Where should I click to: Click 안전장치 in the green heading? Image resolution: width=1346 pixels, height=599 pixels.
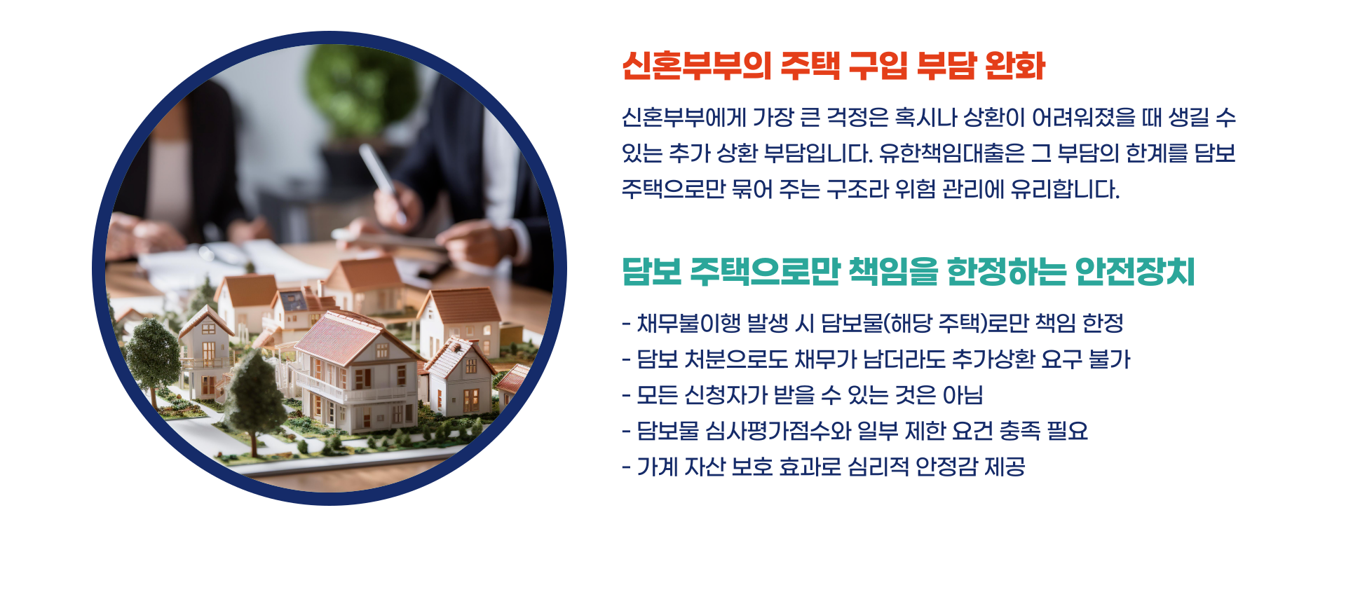coord(1134,272)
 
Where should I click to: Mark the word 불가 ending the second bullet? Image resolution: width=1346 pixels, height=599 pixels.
coord(1109,359)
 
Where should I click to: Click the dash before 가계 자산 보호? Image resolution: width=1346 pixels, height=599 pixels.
coord(626,467)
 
